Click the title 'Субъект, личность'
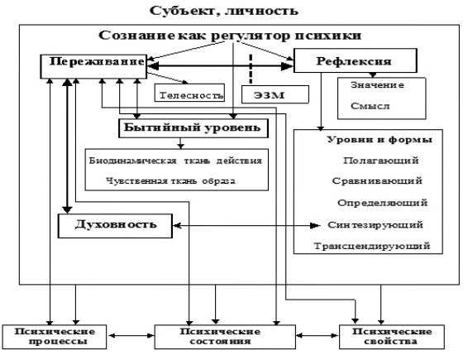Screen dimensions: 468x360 pyautogui.click(x=224, y=11)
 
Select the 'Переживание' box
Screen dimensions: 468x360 pyautogui.click(x=93, y=66)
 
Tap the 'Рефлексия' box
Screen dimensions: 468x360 pyautogui.click(x=356, y=60)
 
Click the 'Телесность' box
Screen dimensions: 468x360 pyautogui.click(x=189, y=93)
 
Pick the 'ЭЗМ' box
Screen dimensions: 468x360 pyautogui.click(x=275, y=94)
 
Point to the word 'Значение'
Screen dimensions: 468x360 pyautogui.click(x=377, y=85)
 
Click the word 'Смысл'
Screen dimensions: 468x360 pyautogui.click(x=370, y=106)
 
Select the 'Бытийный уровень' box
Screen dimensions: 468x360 pyautogui.click(x=193, y=128)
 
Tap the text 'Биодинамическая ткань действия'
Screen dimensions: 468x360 pyautogui.click(x=175, y=161)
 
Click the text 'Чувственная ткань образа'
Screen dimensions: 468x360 pyautogui.click(x=170, y=180)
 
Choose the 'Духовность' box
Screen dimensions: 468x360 pyautogui.click(x=115, y=226)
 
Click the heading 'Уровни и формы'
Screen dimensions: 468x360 pyautogui.click(x=380, y=140)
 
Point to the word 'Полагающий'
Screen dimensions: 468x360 pyautogui.click(x=381, y=161)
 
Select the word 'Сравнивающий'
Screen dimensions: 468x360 pyautogui.click(x=377, y=180)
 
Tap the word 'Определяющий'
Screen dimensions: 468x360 pyautogui.click(x=383, y=203)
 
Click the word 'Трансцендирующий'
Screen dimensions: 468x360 pyautogui.click(x=372, y=246)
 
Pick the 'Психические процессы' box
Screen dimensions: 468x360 pyautogui.click(x=55, y=337)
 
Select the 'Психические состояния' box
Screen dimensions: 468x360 pyautogui.click(x=225, y=337)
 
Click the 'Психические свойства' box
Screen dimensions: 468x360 pyautogui.click(x=392, y=337)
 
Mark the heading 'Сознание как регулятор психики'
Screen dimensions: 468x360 pyautogui.click(x=230, y=36)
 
